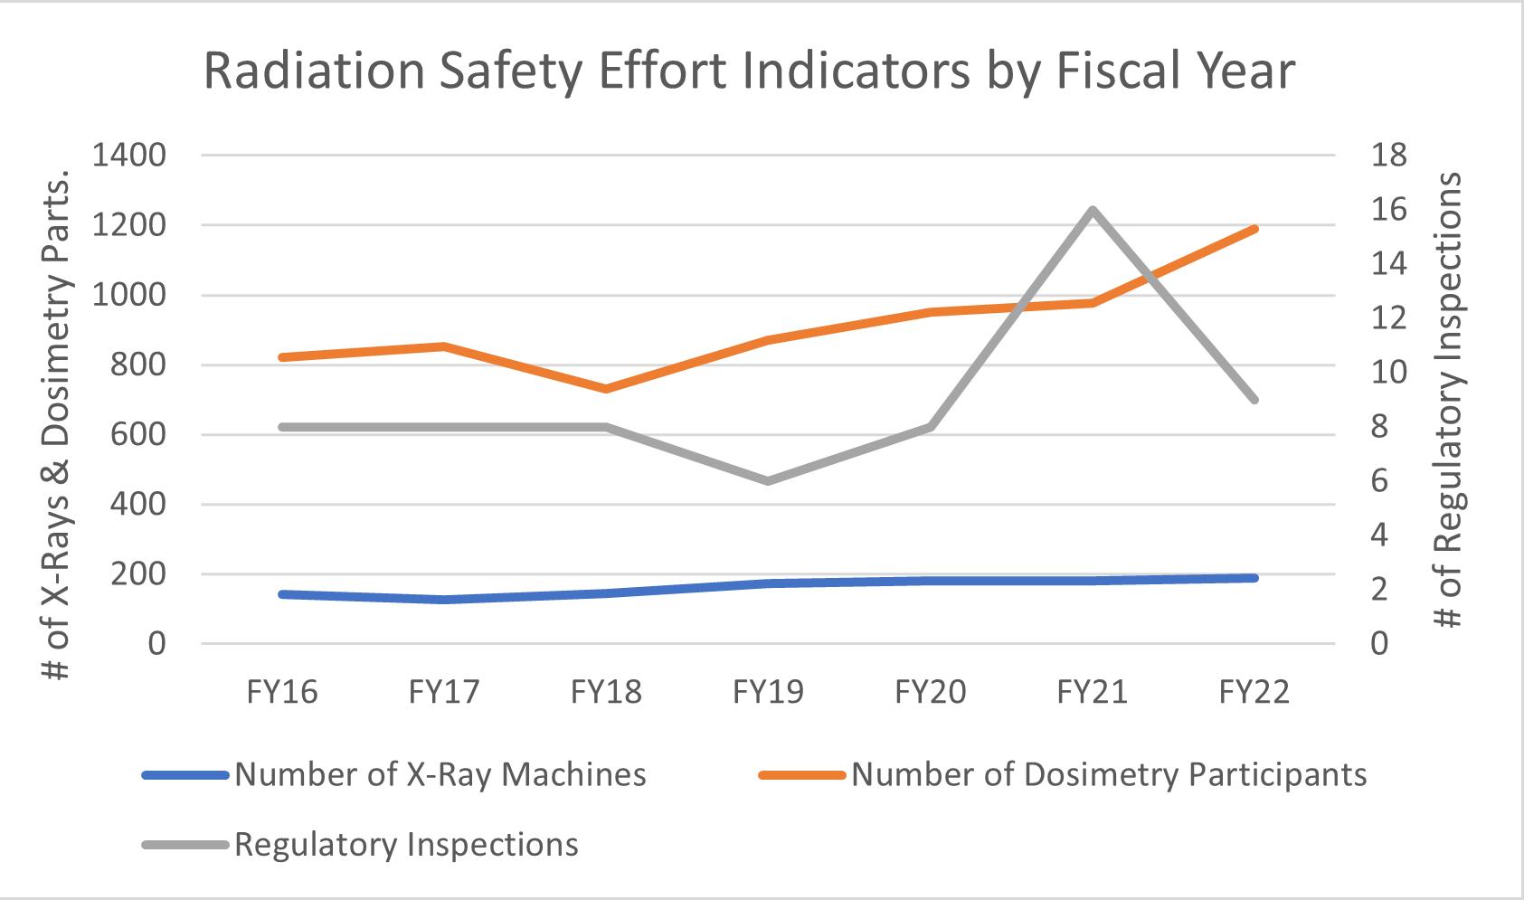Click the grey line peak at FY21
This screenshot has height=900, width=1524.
(x=1093, y=210)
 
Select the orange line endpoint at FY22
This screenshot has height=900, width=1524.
(x=1254, y=229)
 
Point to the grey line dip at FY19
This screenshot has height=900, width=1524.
(x=768, y=480)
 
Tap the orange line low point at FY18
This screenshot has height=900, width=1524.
(x=606, y=389)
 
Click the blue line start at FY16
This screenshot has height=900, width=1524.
(x=282, y=594)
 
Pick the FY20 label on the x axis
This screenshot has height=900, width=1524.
(x=930, y=692)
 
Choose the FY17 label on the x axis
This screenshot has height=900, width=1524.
(x=444, y=692)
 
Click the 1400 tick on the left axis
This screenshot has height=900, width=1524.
(x=128, y=156)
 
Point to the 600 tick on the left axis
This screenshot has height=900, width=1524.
(x=139, y=434)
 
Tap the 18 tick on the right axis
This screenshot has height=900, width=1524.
(x=1389, y=156)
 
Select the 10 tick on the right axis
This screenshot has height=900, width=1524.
(x=1389, y=372)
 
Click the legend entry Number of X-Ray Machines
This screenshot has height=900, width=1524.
(x=440, y=774)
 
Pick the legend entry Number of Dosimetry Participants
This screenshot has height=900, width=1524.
(x=1109, y=774)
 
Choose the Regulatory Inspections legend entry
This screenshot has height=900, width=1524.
(x=406, y=844)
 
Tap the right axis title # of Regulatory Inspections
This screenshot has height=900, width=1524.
(x=1449, y=400)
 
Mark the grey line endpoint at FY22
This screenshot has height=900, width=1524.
(x=1254, y=399)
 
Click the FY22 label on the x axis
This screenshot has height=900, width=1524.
(x=1254, y=692)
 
